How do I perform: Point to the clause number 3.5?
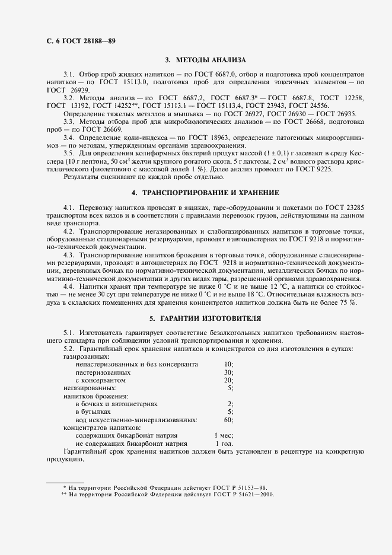click(x=69, y=153)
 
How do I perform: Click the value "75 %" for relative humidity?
click(x=348, y=302)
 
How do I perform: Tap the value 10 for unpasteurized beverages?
click(x=228, y=363)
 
